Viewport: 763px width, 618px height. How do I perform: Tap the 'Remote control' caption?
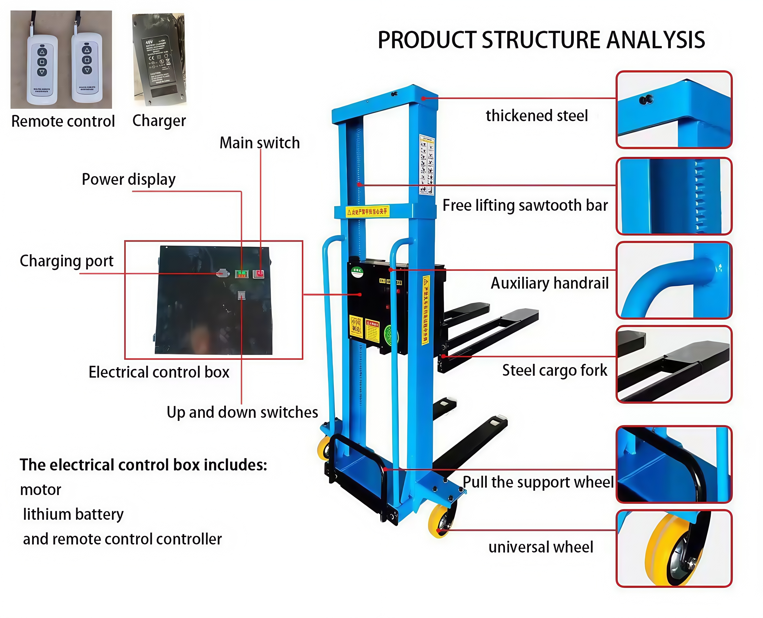63,121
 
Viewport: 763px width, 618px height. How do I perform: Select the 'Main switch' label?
259,143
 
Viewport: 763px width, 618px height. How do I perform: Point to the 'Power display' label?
129,179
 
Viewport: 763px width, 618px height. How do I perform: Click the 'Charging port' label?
67,261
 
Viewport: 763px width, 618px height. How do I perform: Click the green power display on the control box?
242,274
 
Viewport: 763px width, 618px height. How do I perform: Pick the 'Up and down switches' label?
242,412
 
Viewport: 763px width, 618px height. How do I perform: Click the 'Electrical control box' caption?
159,372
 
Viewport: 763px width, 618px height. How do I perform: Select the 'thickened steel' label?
537,116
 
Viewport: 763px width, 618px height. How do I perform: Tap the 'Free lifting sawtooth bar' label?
525,205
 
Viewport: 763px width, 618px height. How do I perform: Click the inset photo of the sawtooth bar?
674,196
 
